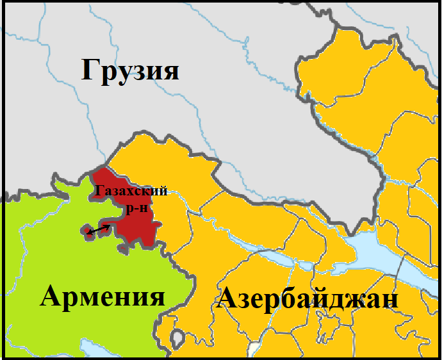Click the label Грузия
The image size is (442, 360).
point(130,70)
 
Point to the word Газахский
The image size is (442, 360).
point(131,191)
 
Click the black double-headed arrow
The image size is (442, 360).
point(99,229)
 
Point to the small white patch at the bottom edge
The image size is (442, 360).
point(255,351)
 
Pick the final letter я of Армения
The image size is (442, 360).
point(156,298)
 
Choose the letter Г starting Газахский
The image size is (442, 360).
point(99,191)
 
